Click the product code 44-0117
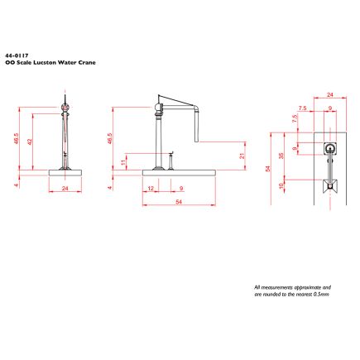(x=17, y=55)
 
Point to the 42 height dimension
(x=30, y=142)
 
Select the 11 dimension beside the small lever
(x=123, y=161)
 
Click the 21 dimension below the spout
(x=242, y=156)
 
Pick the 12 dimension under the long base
(x=151, y=189)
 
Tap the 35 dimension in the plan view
(x=281, y=156)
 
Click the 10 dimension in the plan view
(x=281, y=185)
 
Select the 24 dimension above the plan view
(x=330, y=95)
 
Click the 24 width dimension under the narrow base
(x=65, y=189)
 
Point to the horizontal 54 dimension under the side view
(x=179, y=202)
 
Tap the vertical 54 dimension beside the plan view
(x=267, y=169)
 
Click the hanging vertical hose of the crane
(x=196, y=125)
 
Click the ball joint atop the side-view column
(x=159, y=107)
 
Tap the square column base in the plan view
(x=330, y=149)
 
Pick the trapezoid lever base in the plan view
(x=330, y=186)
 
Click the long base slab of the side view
(x=179, y=173)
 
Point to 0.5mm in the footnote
(x=321, y=295)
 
